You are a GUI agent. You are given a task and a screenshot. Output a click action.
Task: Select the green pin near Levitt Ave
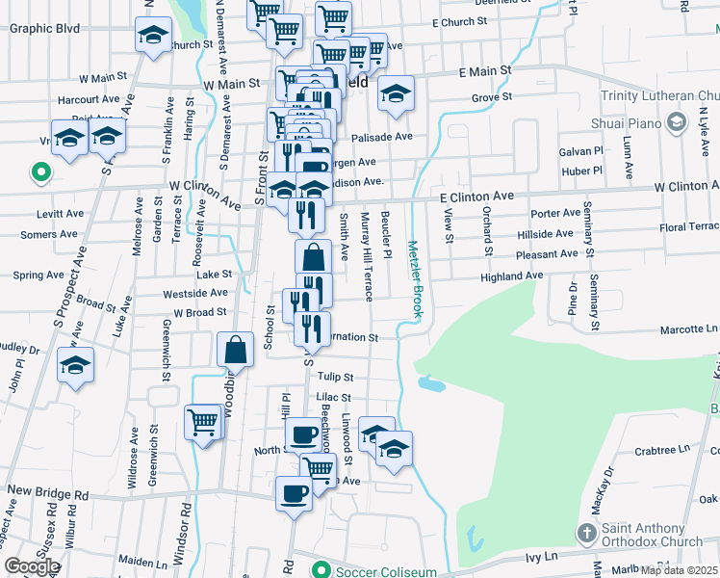pyautogui.click(x=40, y=173)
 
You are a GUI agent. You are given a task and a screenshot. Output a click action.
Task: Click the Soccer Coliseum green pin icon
pyautogui.click(x=325, y=571)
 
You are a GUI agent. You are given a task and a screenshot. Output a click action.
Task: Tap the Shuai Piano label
pyautogui.click(x=627, y=122)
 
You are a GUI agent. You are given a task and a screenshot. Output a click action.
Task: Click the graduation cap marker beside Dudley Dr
pyautogui.click(x=74, y=365)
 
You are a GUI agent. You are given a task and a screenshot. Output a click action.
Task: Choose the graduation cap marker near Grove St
pyautogui.click(x=395, y=93)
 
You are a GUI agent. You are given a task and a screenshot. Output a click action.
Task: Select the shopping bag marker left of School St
pyautogui.click(x=236, y=350)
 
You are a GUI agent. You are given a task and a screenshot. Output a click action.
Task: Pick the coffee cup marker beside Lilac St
pyautogui.click(x=304, y=433)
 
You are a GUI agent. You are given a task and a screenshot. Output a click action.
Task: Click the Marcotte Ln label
pyautogui.click(x=688, y=329)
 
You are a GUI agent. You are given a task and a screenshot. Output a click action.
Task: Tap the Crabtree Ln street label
pyautogui.click(x=664, y=450)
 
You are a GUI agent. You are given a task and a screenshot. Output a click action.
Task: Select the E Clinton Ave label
pyautogui.click(x=477, y=196)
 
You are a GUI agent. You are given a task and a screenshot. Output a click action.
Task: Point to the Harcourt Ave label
pyautogui.click(x=88, y=98)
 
